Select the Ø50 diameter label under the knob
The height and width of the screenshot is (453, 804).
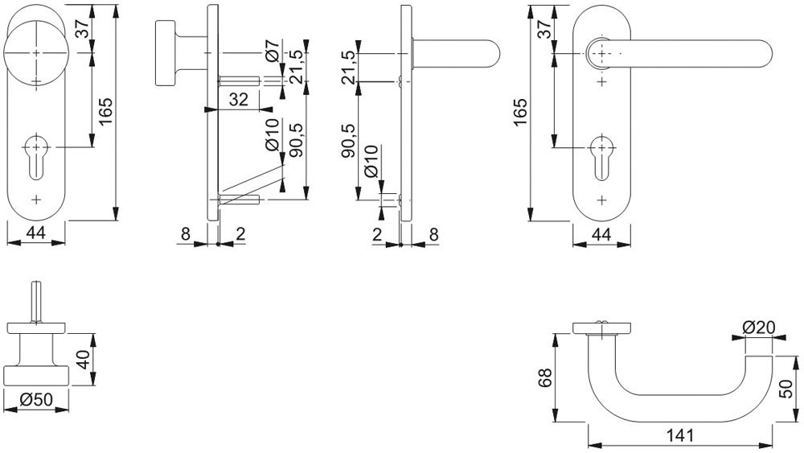[38, 400]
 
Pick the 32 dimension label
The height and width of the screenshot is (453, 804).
[238, 100]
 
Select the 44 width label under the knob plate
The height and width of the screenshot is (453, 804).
[35, 234]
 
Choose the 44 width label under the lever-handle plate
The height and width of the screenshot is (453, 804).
[601, 234]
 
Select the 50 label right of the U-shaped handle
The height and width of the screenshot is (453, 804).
[787, 387]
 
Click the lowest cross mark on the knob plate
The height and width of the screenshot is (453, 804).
[35, 199]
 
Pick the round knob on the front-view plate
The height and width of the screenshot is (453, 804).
[36, 51]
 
